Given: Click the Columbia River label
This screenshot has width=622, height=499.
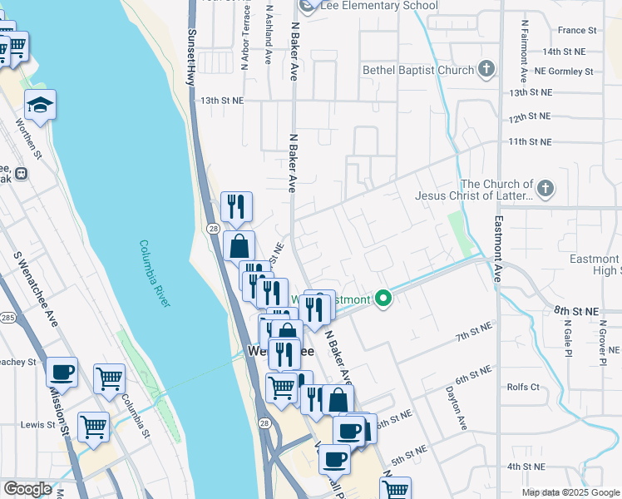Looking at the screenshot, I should tap(155, 274).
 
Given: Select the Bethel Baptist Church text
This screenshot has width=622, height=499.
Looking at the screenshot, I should tap(417, 71).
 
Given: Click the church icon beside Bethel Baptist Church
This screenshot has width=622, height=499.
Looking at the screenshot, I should tap(488, 70).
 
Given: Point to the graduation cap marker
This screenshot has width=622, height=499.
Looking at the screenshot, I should tap(40, 105).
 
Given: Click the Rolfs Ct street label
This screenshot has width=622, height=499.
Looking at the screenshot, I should tap(523, 387).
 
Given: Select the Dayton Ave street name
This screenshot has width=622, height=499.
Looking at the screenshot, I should tap(456, 407).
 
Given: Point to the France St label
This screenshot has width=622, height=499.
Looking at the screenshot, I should tap(577, 30).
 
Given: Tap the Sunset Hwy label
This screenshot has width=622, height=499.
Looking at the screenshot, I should tap(190, 57).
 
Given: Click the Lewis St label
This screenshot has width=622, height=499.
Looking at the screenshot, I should tap(37, 424).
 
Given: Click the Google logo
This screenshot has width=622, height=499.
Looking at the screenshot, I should tap(27, 489).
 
